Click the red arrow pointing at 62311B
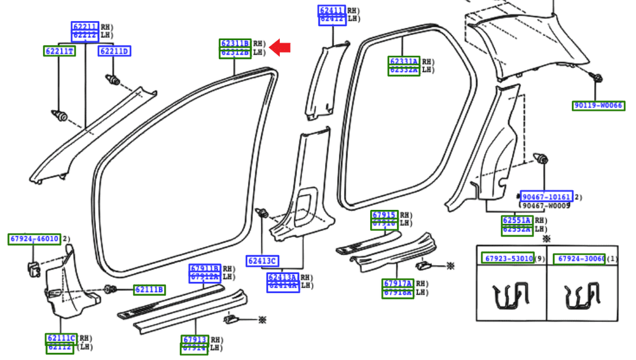pyautogui.click(x=280, y=47)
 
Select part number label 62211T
pyautogui.click(x=59, y=51)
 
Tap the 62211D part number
pyautogui.click(x=114, y=51)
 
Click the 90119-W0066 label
pyautogui.click(x=598, y=106)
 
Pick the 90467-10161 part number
pyautogui.click(x=546, y=197)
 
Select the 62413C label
pyautogui.click(x=262, y=261)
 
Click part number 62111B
pyautogui.click(x=149, y=290)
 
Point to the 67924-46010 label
pyautogui.click(x=34, y=239)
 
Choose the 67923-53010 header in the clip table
pyautogui.click(x=508, y=259)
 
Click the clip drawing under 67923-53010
pyautogui.click(x=511, y=296)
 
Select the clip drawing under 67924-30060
pyautogui.click(x=582, y=296)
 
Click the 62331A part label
pyautogui.click(x=404, y=62)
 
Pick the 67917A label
pyautogui.click(x=397, y=284)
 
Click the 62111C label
pyautogui.click(x=61, y=338)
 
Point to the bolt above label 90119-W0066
pyautogui.click(x=597, y=79)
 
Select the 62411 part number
pyautogui.click(x=332, y=10)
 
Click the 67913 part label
pyautogui.click(x=195, y=340)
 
